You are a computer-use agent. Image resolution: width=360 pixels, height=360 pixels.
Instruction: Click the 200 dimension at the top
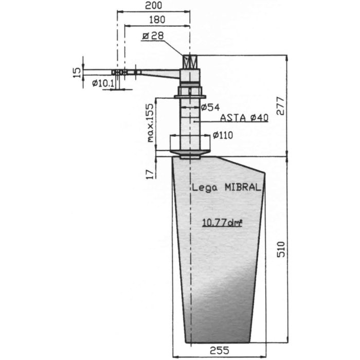pos(153,6)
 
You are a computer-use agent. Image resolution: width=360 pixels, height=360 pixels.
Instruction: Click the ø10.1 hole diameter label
pos(103,83)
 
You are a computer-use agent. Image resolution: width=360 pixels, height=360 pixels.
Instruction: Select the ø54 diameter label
pos(210,107)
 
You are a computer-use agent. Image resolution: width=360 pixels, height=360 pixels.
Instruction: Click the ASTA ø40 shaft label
pos(244,118)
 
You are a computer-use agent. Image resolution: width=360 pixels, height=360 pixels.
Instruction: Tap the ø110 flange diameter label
pos(223,135)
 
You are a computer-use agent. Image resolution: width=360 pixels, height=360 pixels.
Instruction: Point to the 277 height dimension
pos(293,106)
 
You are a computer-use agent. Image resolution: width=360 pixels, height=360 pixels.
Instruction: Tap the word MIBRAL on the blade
pos(242,188)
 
